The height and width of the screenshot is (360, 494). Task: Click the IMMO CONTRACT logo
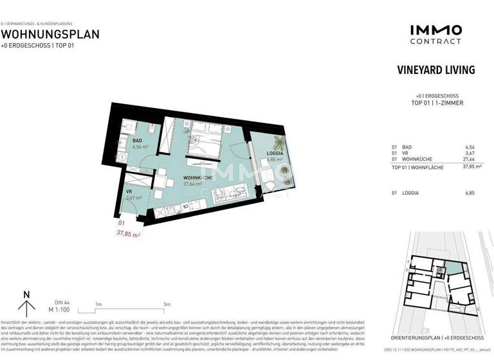(435, 34)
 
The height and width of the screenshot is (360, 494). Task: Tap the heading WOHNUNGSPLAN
(50, 35)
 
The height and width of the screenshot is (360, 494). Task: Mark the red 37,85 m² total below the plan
(128, 235)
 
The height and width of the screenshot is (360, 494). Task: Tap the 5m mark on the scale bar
(167, 303)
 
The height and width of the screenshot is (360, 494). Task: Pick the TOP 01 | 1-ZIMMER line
(435, 103)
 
